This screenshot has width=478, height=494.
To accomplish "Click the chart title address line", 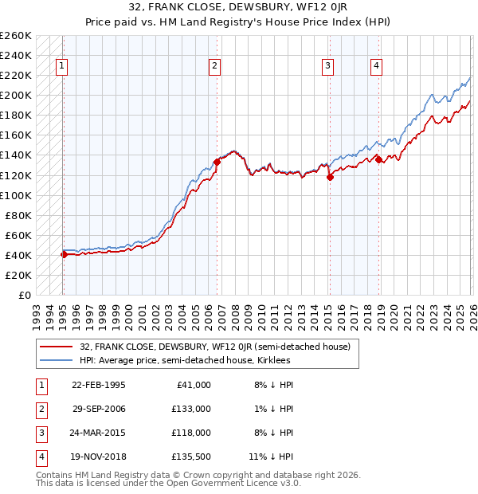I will pyautogui.click(x=238, y=8).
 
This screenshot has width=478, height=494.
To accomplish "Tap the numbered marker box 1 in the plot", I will pyautogui.click(x=62, y=67).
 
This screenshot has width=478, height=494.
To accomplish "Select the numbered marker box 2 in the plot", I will pyautogui.click(x=215, y=67).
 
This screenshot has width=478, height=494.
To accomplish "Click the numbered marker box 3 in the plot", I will pyautogui.click(x=327, y=67).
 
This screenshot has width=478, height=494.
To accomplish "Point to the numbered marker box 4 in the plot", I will pyautogui.click(x=375, y=67).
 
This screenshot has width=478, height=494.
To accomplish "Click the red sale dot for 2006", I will pyautogui.click(x=217, y=162).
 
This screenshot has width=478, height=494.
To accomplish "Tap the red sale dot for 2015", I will pyautogui.click(x=330, y=177).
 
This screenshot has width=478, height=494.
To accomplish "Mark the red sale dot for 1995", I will pyautogui.click(x=64, y=254).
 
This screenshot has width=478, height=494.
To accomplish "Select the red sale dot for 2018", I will pyautogui.click(x=378, y=159).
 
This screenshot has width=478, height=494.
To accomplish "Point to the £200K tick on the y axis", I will pyautogui.click(x=16, y=95).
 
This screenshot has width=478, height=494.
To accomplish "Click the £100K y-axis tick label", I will pyautogui.click(x=16, y=195).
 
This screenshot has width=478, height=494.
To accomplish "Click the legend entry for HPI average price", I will pyautogui.click(x=185, y=360).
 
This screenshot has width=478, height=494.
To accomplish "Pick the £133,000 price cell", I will pyautogui.click(x=191, y=409).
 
